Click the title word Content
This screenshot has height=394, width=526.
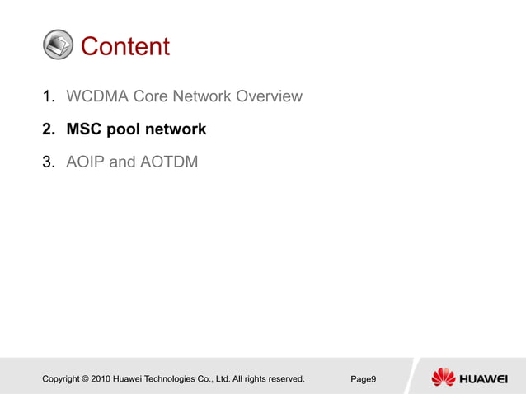pyautogui.click(x=125, y=46)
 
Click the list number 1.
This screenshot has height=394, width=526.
pyautogui.click(x=48, y=96)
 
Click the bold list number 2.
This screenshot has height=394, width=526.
pyautogui.click(x=49, y=129)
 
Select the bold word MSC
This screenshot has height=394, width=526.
pyautogui.click(x=85, y=129)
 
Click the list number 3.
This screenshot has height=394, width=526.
pyautogui.click(x=48, y=162)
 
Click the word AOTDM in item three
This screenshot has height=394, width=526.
pyautogui.click(x=169, y=162)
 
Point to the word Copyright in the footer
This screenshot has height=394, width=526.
pyautogui.click(x=64, y=379)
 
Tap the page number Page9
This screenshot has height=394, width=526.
pyautogui.click(x=364, y=379)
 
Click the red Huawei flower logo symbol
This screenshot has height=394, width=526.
pyautogui.click(x=444, y=378)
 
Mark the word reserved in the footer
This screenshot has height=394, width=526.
pyautogui.click(x=284, y=379)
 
